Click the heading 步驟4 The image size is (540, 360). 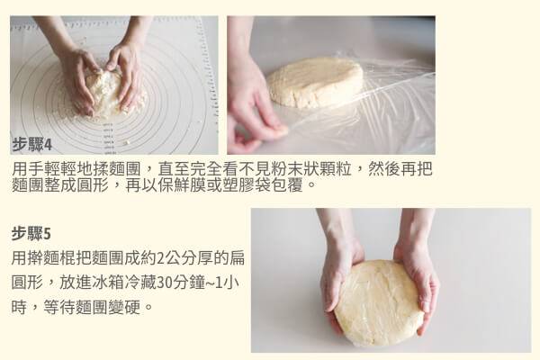coord(32,144)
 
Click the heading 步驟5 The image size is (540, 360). coord(31,234)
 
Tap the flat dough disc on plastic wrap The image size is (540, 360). coord(315,82)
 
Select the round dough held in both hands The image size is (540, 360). coord(379,302)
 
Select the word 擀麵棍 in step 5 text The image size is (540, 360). coord(51,258)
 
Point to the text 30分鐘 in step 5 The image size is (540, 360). coord(181,283)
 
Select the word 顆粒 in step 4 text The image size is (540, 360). coord(335,169)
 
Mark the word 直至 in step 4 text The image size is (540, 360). coord(174,169)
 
